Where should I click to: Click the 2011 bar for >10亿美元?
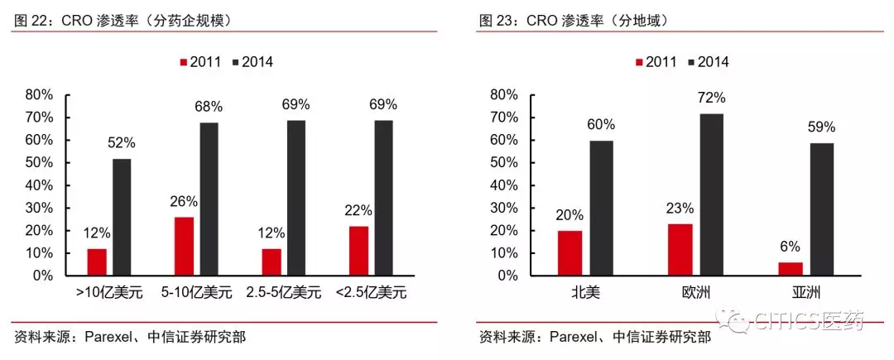coord(97,262)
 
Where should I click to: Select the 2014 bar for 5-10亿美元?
coord(209,199)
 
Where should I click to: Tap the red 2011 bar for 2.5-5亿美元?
coord(271,262)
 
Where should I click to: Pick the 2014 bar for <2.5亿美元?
coord(383,198)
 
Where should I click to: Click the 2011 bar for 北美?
coord(569,252)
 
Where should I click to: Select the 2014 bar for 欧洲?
coord(711,194)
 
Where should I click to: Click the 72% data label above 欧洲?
coord(711,98)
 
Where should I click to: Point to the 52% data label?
coord(122,142)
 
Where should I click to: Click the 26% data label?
coord(184,201)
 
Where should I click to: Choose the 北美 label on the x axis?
coord(584,292)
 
